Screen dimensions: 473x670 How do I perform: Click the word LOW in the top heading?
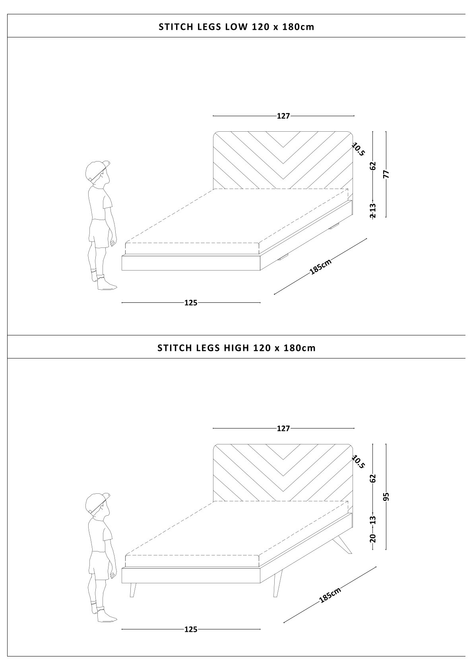(236, 27)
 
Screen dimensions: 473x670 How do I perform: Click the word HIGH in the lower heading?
(236, 348)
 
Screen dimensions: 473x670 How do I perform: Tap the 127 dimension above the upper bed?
(283, 116)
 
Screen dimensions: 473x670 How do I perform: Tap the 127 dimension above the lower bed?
(283, 428)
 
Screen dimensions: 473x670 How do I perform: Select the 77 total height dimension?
(386, 174)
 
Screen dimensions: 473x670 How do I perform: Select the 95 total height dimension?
(386, 496)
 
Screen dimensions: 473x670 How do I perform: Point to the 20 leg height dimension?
(372, 538)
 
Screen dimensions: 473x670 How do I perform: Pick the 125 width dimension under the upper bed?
(191, 303)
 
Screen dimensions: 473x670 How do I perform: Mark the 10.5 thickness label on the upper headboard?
(359, 149)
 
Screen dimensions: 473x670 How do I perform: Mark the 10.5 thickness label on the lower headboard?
(359, 462)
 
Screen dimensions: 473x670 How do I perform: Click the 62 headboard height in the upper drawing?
(372, 166)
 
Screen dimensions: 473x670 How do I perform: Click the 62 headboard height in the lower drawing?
(372, 478)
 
